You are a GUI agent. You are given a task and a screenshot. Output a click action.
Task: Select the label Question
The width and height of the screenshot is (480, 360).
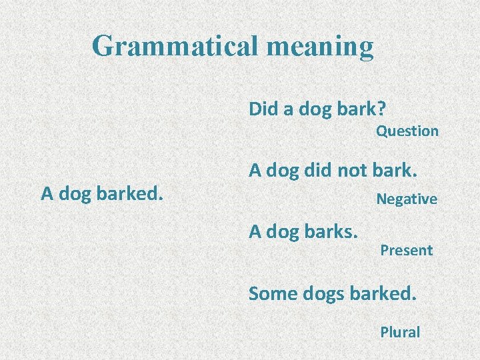(407, 131)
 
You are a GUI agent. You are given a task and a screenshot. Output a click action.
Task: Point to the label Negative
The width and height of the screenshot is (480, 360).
(407, 199)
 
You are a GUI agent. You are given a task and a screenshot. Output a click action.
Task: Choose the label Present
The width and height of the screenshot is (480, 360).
(406, 251)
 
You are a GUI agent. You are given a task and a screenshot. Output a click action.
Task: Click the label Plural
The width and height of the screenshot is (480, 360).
(400, 332)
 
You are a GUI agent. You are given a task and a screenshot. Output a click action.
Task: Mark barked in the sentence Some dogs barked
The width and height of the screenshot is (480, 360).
(382, 293)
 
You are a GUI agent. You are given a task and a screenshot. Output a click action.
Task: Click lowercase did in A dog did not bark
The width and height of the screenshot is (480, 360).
(316, 171)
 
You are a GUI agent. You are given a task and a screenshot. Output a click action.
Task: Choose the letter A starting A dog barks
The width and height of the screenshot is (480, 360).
(255, 231)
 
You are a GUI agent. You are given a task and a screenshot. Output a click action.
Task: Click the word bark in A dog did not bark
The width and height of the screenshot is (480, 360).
(399, 171)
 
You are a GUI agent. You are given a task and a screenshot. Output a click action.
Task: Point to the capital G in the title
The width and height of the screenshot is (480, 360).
(103, 46)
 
